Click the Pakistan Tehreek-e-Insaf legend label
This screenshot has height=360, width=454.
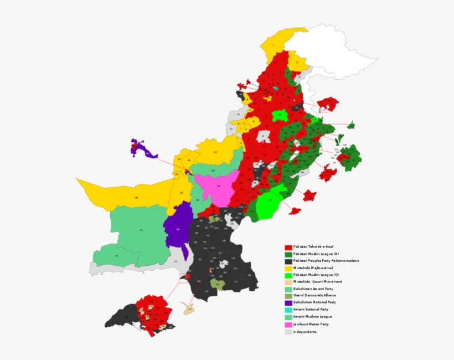coord(313,246)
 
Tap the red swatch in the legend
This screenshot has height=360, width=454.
coord(288,247)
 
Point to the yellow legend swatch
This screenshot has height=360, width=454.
coord(288,268)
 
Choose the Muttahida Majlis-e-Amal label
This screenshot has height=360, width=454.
coord(314,268)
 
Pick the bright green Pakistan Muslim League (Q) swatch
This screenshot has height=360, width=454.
coord(288,275)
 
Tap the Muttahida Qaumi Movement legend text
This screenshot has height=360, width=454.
coord(317,282)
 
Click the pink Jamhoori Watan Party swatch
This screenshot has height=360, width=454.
coord(288,325)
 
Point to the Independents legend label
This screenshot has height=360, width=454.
coord(305,332)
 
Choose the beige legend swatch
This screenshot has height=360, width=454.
coord(288,282)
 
